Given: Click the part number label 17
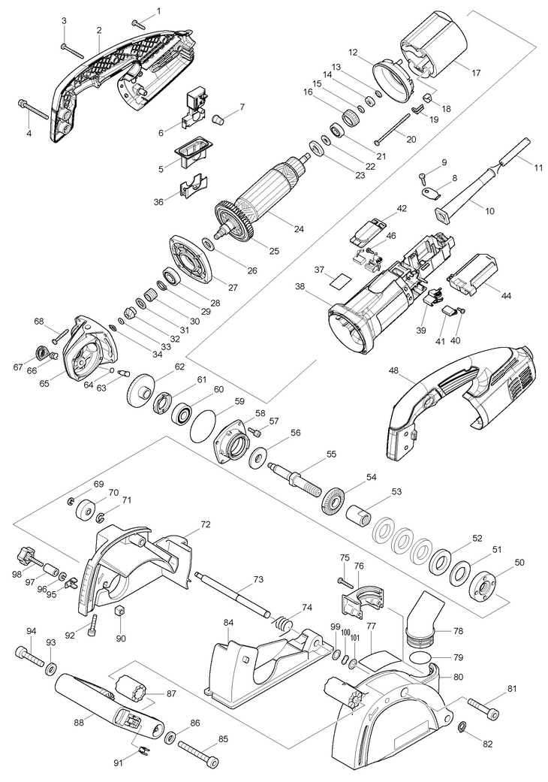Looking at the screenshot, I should tap(476, 73).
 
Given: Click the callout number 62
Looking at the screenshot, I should tap(179, 367).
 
